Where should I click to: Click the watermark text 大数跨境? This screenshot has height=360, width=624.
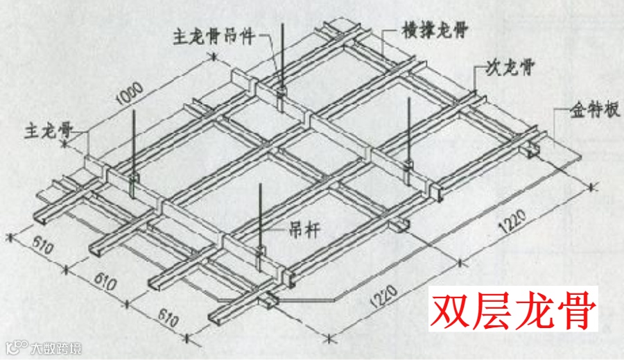pos(55,348)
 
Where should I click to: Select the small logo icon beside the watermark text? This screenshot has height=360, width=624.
pos(15,347)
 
